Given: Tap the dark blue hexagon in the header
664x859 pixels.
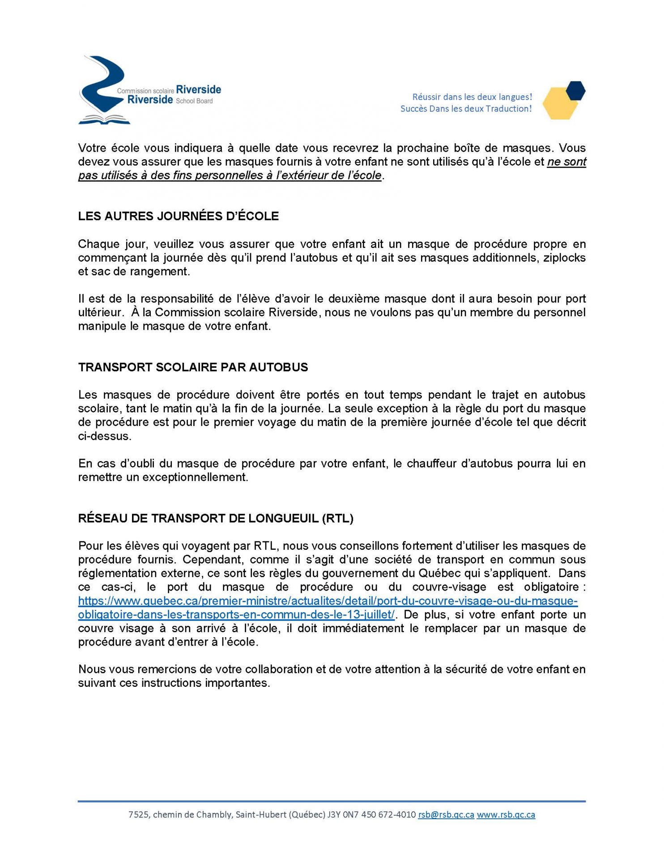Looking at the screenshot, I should click(x=575, y=91).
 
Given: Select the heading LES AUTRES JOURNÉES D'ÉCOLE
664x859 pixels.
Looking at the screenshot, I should click(x=178, y=216).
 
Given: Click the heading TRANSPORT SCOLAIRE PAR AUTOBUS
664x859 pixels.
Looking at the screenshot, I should click(x=193, y=367).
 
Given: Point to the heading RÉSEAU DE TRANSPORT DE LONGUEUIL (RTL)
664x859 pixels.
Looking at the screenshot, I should click(x=216, y=519).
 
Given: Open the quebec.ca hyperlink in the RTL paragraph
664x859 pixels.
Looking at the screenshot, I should click(x=328, y=601).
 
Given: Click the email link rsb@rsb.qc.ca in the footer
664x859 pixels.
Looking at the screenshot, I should click(x=446, y=815).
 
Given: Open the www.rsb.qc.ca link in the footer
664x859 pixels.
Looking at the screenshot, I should click(x=506, y=815).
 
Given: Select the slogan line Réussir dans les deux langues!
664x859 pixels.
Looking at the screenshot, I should click(x=472, y=97).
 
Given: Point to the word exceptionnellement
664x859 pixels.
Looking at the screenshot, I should click(x=195, y=477).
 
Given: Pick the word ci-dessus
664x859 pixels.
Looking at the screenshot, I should click(x=105, y=436).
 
